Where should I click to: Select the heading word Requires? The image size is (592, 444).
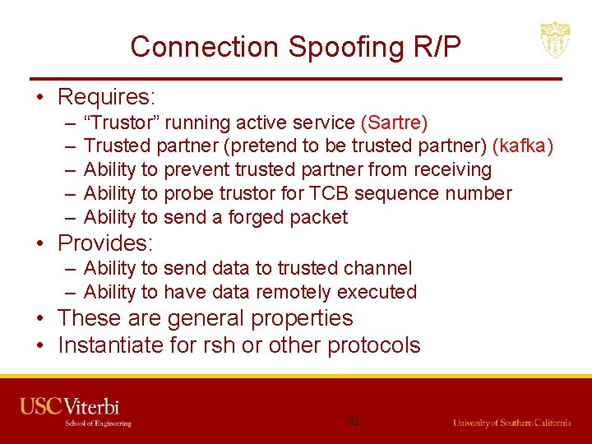pyautogui.click(x=106, y=97)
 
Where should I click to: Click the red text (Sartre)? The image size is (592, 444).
pyautogui.click(x=394, y=123)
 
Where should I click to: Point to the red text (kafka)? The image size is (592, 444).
pyautogui.click(x=522, y=146)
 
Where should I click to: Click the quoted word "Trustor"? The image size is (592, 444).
pyautogui.click(x=127, y=123)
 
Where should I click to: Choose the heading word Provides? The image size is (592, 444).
pyautogui.click(x=106, y=243)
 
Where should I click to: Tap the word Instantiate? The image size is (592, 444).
pyautogui.click(x=111, y=345)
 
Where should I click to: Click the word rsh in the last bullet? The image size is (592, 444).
pyautogui.click(x=215, y=345)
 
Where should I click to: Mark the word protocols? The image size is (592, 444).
pyautogui.click(x=374, y=345)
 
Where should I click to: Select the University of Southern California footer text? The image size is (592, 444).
pyautogui.click(x=511, y=423)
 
